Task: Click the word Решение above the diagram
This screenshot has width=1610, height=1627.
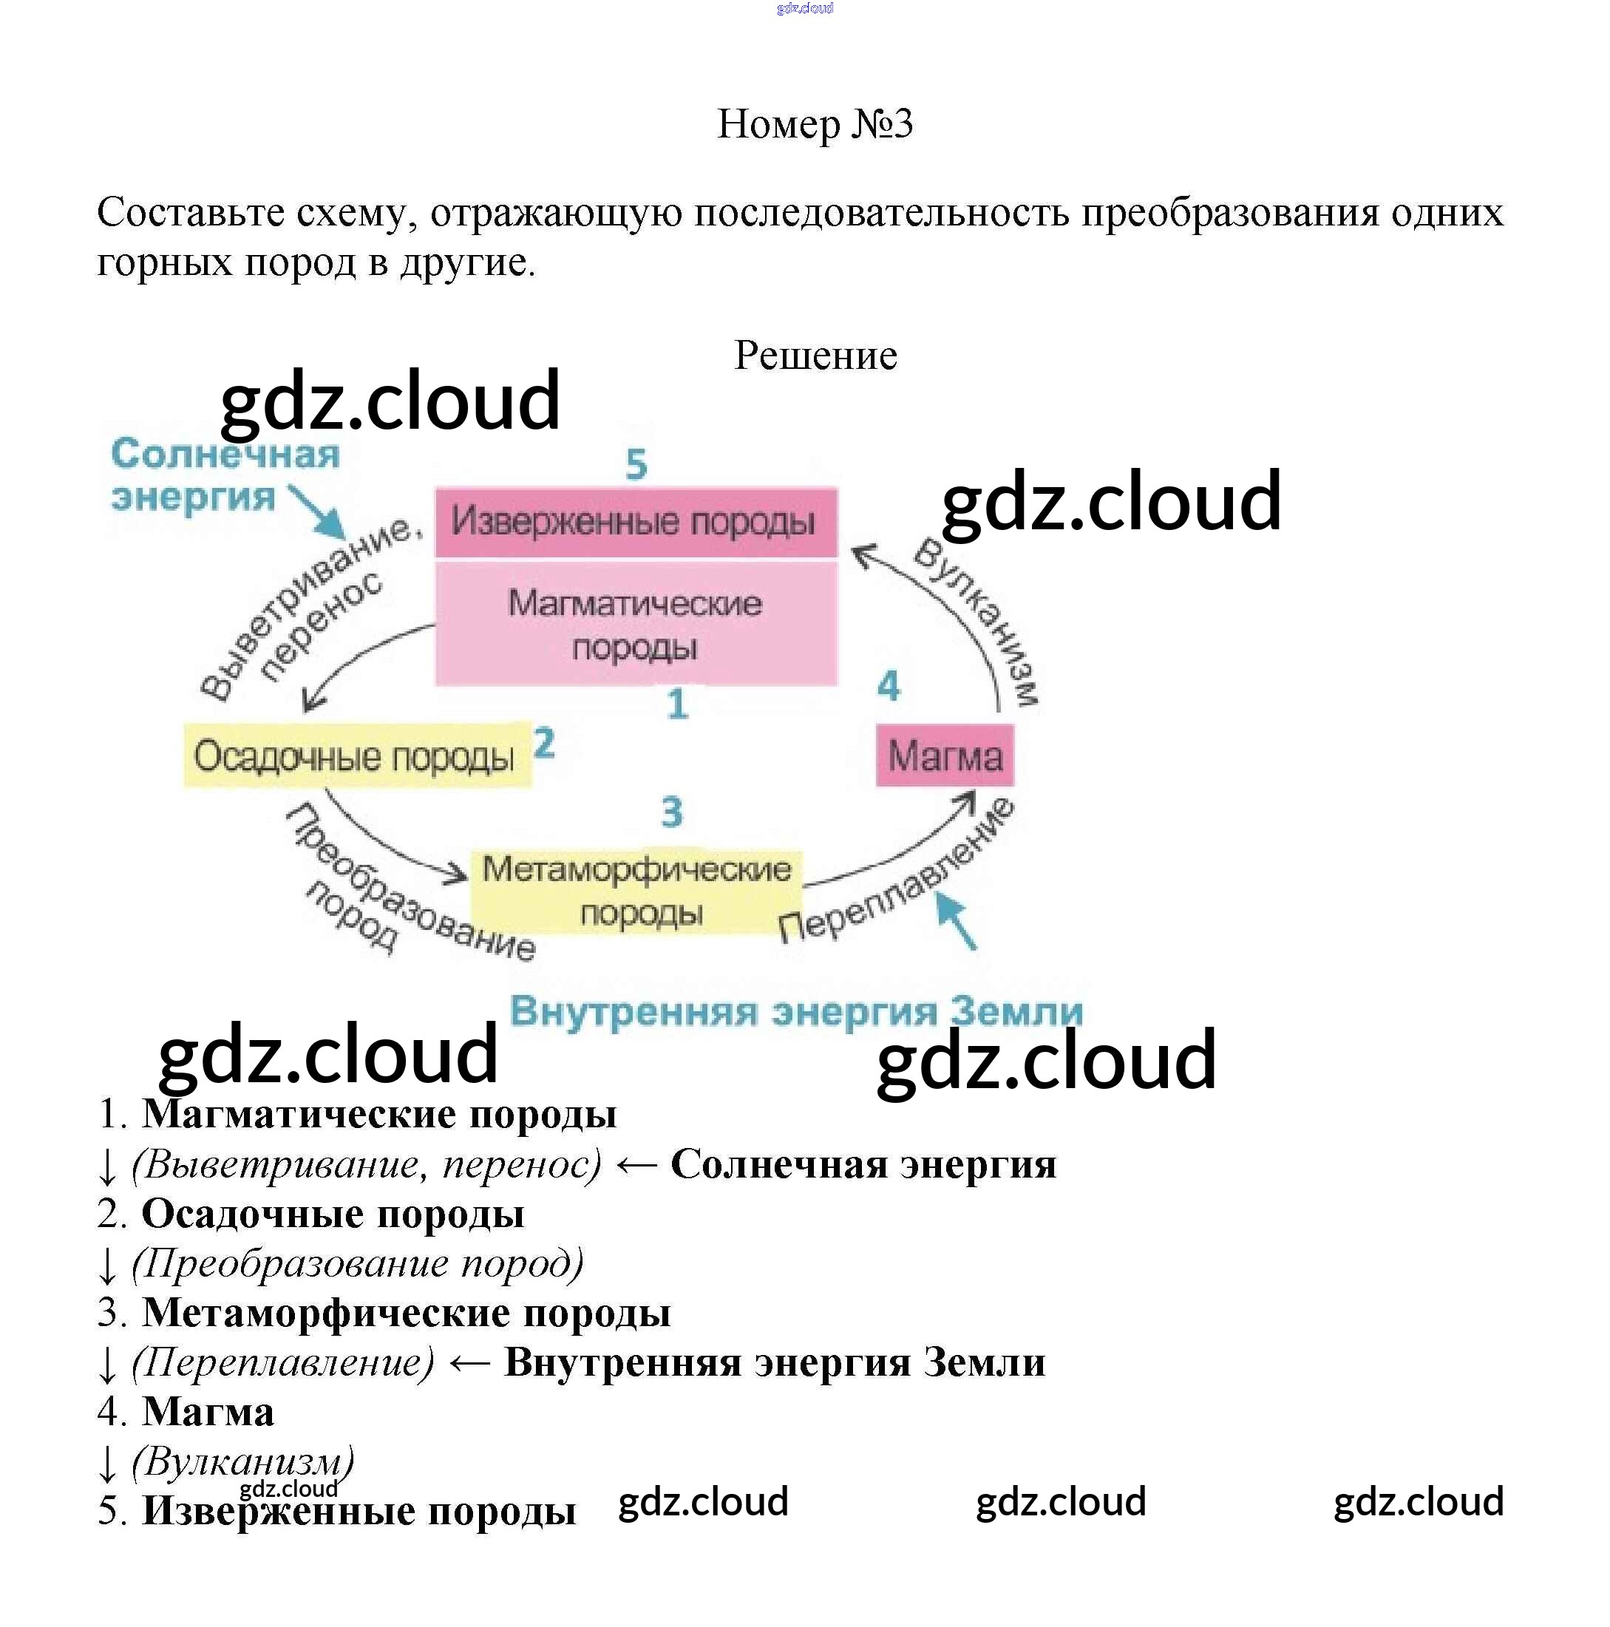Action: pos(815,355)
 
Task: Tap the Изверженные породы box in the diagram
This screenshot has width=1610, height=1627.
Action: pos(636,521)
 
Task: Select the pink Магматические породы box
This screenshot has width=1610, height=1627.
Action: pos(636,624)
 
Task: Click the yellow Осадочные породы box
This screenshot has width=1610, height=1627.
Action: pos(357,755)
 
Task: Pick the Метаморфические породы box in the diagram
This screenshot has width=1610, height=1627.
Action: pos(636,891)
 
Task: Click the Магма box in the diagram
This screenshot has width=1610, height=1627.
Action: pos(945,755)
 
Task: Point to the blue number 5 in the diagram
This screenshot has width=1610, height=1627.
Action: pos(636,464)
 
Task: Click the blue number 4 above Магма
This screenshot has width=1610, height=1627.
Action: pos(889,685)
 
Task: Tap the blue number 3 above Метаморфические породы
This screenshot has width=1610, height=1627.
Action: pos(671,812)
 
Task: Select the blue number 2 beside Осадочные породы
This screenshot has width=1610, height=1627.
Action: pos(545,744)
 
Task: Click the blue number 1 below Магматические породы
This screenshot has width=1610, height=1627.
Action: pos(677,704)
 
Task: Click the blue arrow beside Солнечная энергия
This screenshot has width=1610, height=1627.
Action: pos(319,512)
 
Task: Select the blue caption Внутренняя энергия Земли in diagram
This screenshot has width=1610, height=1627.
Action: pos(795,1010)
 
